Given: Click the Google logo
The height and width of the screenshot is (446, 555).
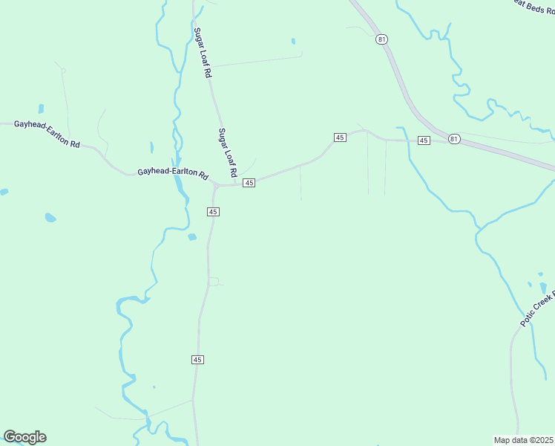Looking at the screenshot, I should click(x=24, y=437).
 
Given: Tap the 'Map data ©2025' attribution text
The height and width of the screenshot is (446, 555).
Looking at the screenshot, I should click(x=523, y=439).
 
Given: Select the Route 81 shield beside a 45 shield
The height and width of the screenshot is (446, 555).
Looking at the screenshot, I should click(x=454, y=138).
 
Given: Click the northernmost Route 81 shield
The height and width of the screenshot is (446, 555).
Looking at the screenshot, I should click(x=381, y=39).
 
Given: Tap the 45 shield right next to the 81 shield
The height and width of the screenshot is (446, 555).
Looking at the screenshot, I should click(x=424, y=140).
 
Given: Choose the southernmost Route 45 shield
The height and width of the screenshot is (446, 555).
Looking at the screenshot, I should click(x=197, y=360).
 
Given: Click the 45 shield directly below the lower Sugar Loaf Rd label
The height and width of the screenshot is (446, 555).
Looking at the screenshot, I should click(x=249, y=183).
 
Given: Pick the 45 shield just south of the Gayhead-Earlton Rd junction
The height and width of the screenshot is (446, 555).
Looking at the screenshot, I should click(x=213, y=212).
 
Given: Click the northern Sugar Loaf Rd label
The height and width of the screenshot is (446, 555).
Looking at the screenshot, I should click(x=203, y=54).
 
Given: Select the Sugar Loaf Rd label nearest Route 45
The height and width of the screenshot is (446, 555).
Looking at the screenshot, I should click(x=227, y=152).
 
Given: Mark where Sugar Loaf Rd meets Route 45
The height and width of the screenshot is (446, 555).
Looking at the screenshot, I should click(x=237, y=184).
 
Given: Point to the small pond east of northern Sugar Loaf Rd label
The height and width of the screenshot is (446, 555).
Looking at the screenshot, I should click(x=293, y=42).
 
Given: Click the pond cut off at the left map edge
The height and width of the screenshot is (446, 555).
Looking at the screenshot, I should click(x=3, y=192).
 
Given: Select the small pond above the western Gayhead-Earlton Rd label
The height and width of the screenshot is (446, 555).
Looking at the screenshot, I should click(x=41, y=109).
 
